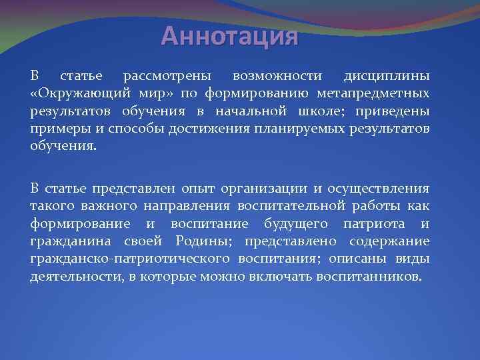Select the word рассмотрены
pyautogui.click(x=163, y=75)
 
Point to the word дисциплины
pyautogui.click(x=387, y=75)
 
